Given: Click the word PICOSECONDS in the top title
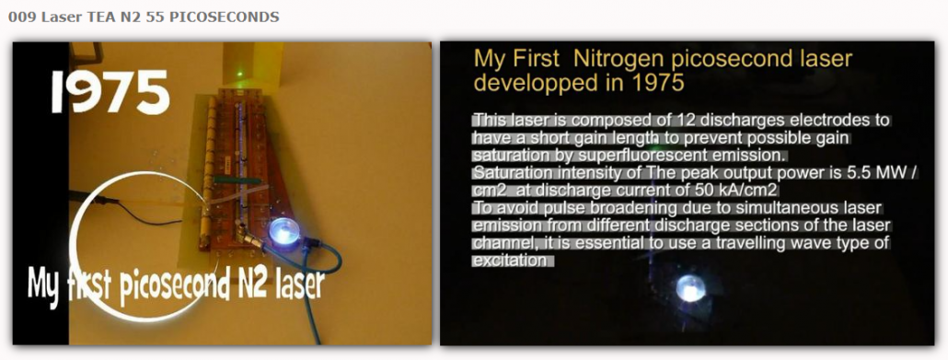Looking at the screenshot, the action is click(x=224, y=17).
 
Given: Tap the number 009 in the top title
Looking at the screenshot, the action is click(x=22, y=17).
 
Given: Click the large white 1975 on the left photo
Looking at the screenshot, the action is click(x=110, y=92).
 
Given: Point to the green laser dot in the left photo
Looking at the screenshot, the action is click(x=240, y=74).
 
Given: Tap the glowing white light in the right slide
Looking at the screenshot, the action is click(x=690, y=288).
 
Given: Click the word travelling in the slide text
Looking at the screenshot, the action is click(x=756, y=244).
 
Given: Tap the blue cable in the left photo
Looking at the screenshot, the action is click(x=318, y=278).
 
